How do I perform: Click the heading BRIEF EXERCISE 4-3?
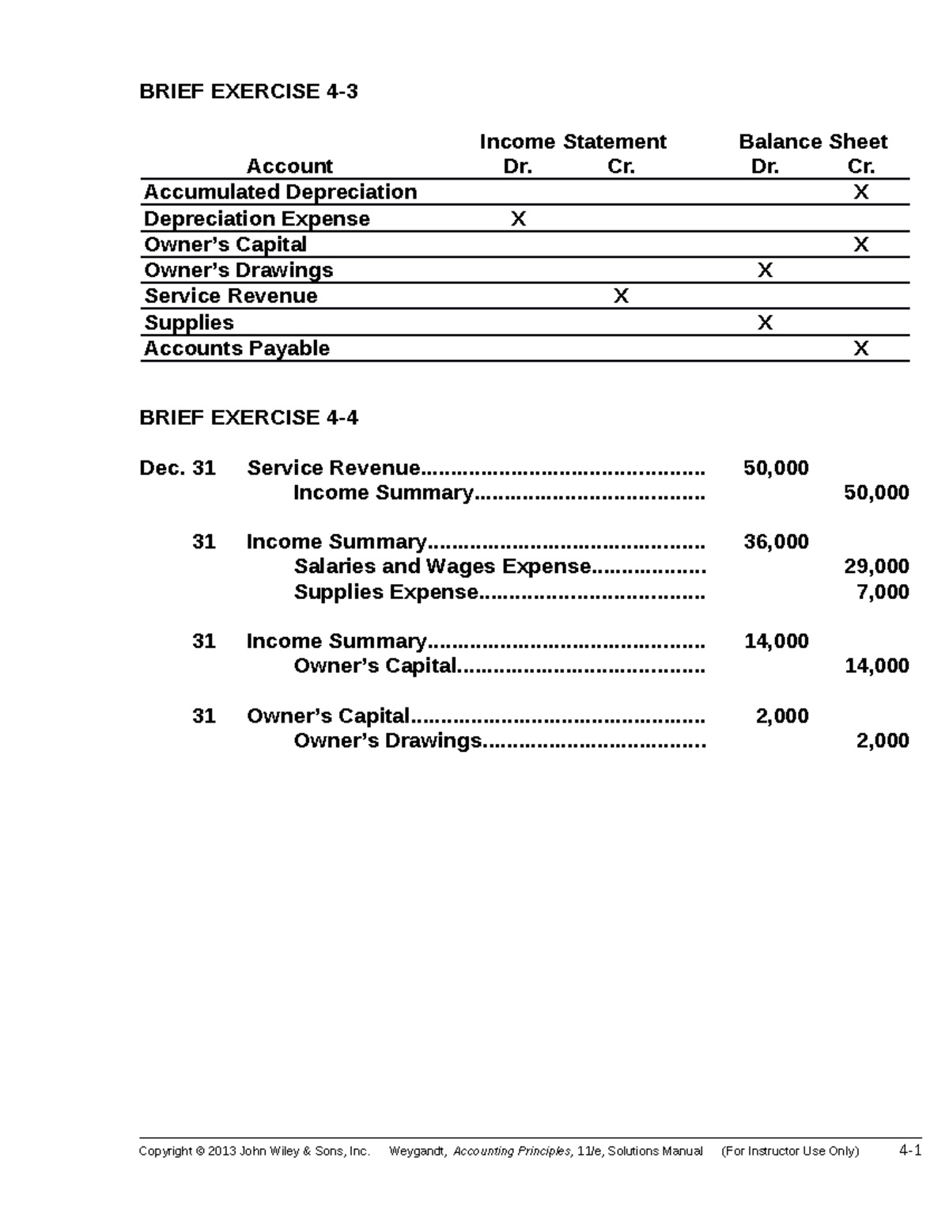point(248,92)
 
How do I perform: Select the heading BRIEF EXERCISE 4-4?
point(248,418)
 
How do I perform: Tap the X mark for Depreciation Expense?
point(518,218)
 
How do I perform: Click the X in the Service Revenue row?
point(622,296)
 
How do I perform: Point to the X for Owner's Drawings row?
point(765,271)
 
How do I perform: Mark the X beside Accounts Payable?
point(860,348)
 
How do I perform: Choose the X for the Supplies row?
point(765,323)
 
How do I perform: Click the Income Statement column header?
point(573,142)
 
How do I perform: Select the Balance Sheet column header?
point(813,142)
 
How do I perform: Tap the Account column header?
point(289,166)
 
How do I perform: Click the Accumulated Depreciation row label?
point(280,192)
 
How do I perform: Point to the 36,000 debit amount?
point(776,542)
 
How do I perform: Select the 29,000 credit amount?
point(876,567)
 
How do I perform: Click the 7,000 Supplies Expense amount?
point(883,592)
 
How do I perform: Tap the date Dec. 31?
point(177,468)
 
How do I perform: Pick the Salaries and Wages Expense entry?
point(442,567)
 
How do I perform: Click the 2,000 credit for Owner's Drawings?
point(883,741)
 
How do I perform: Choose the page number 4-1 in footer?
point(910,1151)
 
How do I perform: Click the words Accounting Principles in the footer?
point(511,1151)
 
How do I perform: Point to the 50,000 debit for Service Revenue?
point(776,468)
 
